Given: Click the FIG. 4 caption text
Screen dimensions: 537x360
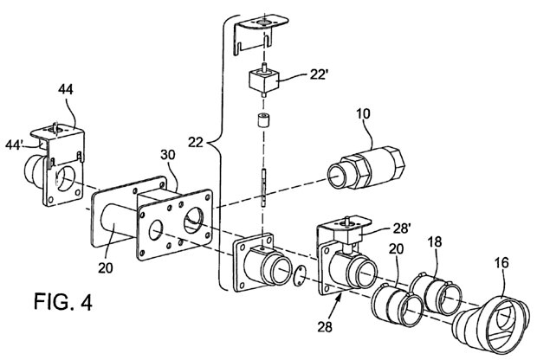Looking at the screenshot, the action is pyautogui.click(x=62, y=301).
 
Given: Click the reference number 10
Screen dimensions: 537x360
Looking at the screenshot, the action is pyautogui.click(x=363, y=113).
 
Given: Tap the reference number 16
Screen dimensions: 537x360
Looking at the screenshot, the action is pyautogui.click(x=501, y=263).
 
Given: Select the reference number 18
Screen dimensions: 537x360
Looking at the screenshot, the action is pyautogui.click(x=434, y=242).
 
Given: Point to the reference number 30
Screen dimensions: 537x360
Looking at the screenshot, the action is pyautogui.click(x=168, y=155).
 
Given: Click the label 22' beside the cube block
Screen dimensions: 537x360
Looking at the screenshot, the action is pyautogui.click(x=319, y=74).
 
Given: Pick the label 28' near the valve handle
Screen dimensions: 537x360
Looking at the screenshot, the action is pyautogui.click(x=402, y=228).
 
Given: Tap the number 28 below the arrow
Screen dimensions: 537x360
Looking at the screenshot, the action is pyautogui.click(x=325, y=327).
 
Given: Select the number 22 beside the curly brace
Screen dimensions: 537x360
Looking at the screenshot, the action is pyautogui.click(x=196, y=142).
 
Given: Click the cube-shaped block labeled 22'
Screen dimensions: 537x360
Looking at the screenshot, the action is pyautogui.click(x=264, y=80).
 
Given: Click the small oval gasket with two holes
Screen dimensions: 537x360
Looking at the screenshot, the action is pyautogui.click(x=300, y=273).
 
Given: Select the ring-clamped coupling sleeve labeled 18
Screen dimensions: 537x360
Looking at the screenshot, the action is pyautogui.click(x=436, y=293).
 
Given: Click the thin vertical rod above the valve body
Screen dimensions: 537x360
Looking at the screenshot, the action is pyautogui.click(x=263, y=188).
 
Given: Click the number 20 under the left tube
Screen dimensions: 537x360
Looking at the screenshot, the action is pyautogui.click(x=105, y=267).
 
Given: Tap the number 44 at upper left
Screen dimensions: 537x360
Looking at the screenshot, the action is pyautogui.click(x=66, y=89).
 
